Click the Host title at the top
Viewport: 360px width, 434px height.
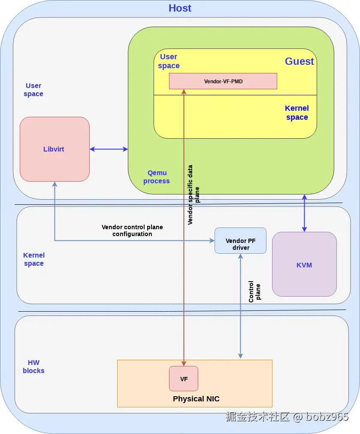[x=180, y=8]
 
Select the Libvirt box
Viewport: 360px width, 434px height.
[x=54, y=149]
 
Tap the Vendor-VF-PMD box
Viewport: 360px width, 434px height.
[x=223, y=81]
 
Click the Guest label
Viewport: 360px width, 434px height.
[x=299, y=61]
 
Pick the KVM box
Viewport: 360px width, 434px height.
[x=304, y=264]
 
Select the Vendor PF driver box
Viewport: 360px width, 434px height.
[x=240, y=240]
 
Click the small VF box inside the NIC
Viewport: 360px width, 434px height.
[x=184, y=379]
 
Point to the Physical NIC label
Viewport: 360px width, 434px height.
[x=196, y=399]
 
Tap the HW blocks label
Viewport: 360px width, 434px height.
[x=33, y=367]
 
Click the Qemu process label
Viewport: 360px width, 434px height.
[x=157, y=176]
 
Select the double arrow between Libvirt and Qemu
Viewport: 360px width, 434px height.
[x=109, y=149]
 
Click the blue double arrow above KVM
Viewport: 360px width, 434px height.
[x=304, y=213]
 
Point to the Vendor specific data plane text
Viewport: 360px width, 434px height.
[x=194, y=194]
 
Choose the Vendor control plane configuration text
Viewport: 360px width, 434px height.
[x=132, y=230]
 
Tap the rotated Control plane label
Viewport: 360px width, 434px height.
[x=254, y=292]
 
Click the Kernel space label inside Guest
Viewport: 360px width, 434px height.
[x=297, y=112]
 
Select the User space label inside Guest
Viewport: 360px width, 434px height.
[x=169, y=61]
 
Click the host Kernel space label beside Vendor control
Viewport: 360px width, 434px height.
[x=34, y=259]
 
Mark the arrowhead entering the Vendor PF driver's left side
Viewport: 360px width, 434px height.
[x=212, y=240]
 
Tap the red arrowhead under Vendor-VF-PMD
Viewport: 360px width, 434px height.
[x=184, y=91]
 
